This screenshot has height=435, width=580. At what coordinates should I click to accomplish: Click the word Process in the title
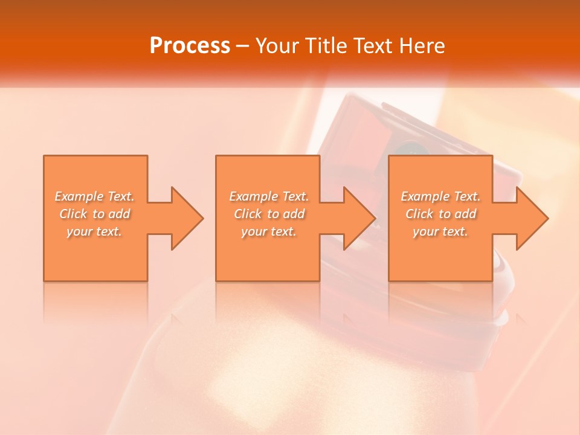tap(190, 46)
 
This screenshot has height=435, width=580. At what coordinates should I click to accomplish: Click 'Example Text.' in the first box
tap(94, 196)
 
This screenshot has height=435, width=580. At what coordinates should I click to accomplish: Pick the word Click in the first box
tap(73, 214)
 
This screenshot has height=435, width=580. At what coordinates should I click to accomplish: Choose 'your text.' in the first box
tap(94, 231)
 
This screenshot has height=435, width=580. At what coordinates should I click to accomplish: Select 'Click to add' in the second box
tap(269, 214)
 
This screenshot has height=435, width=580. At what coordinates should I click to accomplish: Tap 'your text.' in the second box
tap(269, 231)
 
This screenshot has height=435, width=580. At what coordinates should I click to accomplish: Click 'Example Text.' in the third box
tap(440, 196)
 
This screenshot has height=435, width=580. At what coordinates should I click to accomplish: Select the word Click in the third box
tap(419, 214)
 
